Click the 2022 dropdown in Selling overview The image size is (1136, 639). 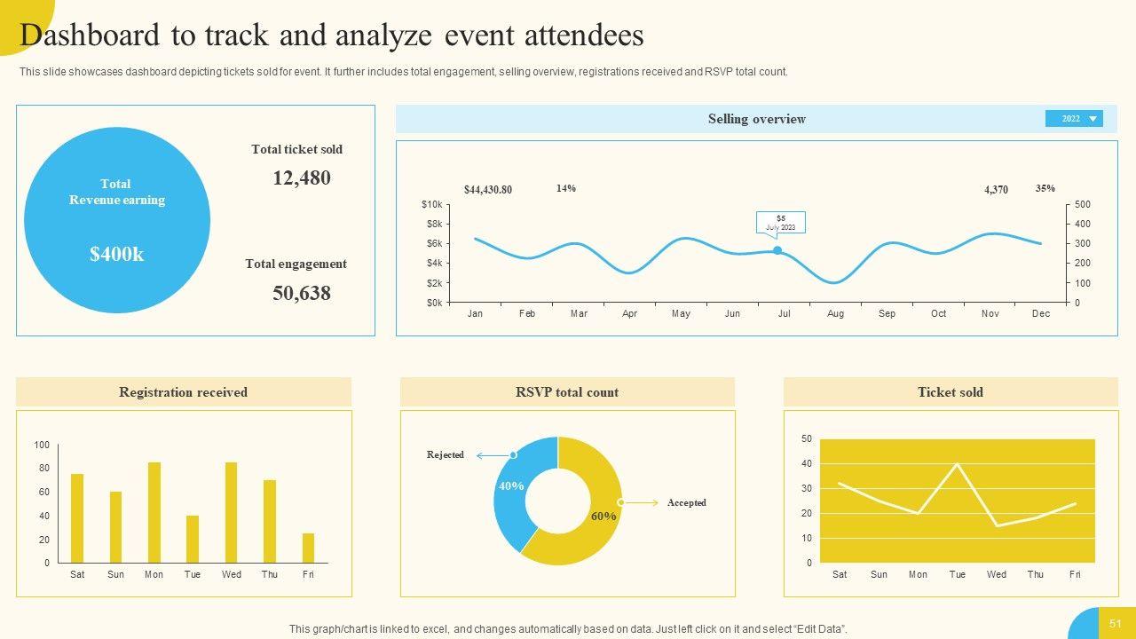point(1074,119)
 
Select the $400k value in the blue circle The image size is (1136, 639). point(116,255)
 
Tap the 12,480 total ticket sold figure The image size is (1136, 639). point(302,178)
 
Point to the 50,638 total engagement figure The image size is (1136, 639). point(302,294)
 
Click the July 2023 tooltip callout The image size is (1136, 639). point(780,223)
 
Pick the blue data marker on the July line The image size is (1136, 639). point(777,250)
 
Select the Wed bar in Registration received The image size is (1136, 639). point(231,512)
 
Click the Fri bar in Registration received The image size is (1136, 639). point(308,548)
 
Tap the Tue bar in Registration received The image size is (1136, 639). point(193,539)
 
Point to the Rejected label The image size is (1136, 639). point(446,455)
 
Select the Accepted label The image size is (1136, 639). point(687,503)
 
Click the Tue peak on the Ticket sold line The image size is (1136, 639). point(957,464)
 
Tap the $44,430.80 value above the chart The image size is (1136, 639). point(488,190)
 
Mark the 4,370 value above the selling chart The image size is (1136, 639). point(996,190)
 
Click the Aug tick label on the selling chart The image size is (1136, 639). point(835,314)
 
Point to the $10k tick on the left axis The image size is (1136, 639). point(431,205)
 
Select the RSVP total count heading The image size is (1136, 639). point(567,392)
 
